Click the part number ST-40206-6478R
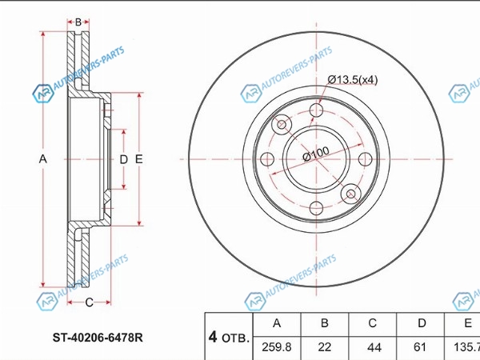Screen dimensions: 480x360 point(98,338)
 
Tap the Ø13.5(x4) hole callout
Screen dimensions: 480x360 point(353,80)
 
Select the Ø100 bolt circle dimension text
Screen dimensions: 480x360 point(316,154)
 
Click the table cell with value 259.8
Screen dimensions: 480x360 point(277,347)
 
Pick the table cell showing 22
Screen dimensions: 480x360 point(325,347)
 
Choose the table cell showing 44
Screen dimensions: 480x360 point(373,347)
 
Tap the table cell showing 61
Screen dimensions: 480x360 point(420,347)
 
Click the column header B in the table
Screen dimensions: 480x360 point(325,324)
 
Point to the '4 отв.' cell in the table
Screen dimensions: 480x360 point(229,336)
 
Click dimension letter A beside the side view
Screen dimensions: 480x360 point(43,159)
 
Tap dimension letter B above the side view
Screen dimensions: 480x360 point(78,22)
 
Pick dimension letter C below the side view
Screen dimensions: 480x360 point(89,302)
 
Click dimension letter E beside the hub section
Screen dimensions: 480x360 point(139,159)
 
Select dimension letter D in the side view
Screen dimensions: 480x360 point(123,159)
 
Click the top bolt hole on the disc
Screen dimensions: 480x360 point(316,110)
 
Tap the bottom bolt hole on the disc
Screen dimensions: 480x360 point(316,208)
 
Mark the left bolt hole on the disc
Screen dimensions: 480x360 point(267,159)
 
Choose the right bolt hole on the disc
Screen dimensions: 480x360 point(366,159)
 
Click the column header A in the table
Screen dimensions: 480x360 point(277,324)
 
